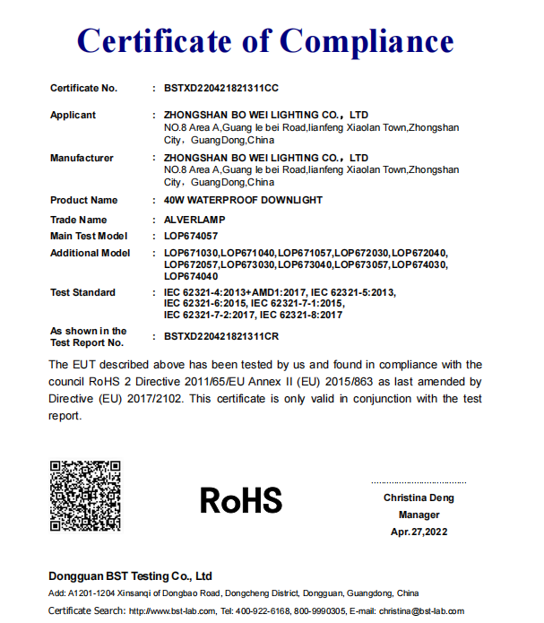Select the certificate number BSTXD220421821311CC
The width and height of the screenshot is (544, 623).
coord(222,88)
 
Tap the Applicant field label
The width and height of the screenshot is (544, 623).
coord(73,115)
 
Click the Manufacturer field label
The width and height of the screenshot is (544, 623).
coord(82,158)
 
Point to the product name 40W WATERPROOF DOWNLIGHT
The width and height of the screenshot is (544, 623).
coord(243,200)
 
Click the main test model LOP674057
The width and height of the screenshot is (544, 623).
coord(191,236)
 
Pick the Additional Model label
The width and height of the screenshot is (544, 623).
coord(90,254)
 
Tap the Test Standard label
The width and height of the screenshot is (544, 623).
coord(82,292)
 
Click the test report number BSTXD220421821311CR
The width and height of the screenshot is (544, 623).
coord(222,337)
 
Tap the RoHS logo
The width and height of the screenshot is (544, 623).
coord(241,499)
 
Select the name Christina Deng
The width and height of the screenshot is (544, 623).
coord(419,498)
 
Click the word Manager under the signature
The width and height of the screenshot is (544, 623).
coord(419,515)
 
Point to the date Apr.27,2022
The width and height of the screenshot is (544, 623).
coord(419,532)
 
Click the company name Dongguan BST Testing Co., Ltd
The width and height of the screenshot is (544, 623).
coord(130,575)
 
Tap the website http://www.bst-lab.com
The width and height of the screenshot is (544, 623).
coord(172,610)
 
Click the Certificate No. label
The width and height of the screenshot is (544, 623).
coord(83,88)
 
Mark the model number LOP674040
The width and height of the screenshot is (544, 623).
coord(191,275)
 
